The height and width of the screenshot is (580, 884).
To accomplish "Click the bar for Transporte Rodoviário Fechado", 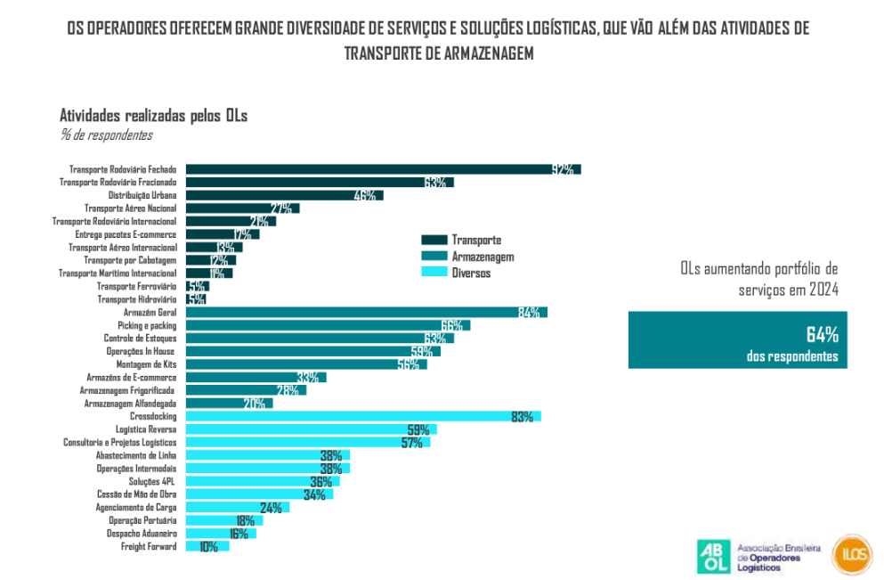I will pyautogui.click(x=383, y=169).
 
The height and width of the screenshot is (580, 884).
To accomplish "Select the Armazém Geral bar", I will pyautogui.click(x=365, y=312).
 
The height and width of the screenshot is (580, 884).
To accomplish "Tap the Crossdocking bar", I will pyautogui.click(x=362, y=416).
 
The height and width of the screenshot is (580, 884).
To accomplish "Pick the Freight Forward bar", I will pyautogui.click(x=207, y=547).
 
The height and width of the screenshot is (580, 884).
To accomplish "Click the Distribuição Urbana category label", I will pyautogui.click(x=142, y=195).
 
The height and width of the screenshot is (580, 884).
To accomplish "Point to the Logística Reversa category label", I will pyautogui.click(x=146, y=429).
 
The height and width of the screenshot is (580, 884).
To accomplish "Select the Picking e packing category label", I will pyautogui.click(x=147, y=325).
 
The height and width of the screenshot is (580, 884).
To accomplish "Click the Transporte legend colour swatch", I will pyautogui.click(x=434, y=240).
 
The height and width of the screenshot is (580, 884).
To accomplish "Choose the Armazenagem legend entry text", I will pyautogui.click(x=483, y=257).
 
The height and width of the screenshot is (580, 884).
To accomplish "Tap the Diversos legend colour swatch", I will pyautogui.click(x=434, y=273).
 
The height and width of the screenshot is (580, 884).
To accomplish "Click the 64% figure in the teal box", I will pyautogui.click(x=822, y=335).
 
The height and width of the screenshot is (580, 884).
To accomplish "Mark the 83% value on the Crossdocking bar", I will pyautogui.click(x=523, y=417).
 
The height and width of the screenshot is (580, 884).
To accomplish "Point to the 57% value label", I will pyautogui.click(x=411, y=443).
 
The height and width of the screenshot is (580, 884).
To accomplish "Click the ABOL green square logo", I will pyautogui.click(x=713, y=555).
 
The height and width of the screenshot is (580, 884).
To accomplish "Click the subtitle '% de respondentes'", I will pyautogui.click(x=106, y=135).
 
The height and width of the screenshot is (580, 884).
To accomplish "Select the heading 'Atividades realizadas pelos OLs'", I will pyautogui.click(x=153, y=116).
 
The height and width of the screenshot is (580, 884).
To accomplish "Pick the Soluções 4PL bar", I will pyautogui.click(x=262, y=482).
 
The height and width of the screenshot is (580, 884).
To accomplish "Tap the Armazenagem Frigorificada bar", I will pyautogui.click(x=246, y=390).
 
